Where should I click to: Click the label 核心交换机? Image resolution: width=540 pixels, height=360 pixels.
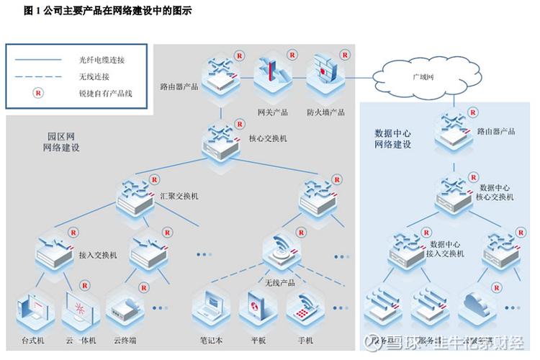point(267,138)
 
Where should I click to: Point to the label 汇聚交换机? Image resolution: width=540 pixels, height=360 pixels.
point(179,196)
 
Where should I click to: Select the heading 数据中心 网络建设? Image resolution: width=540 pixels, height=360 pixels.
point(393,138)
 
